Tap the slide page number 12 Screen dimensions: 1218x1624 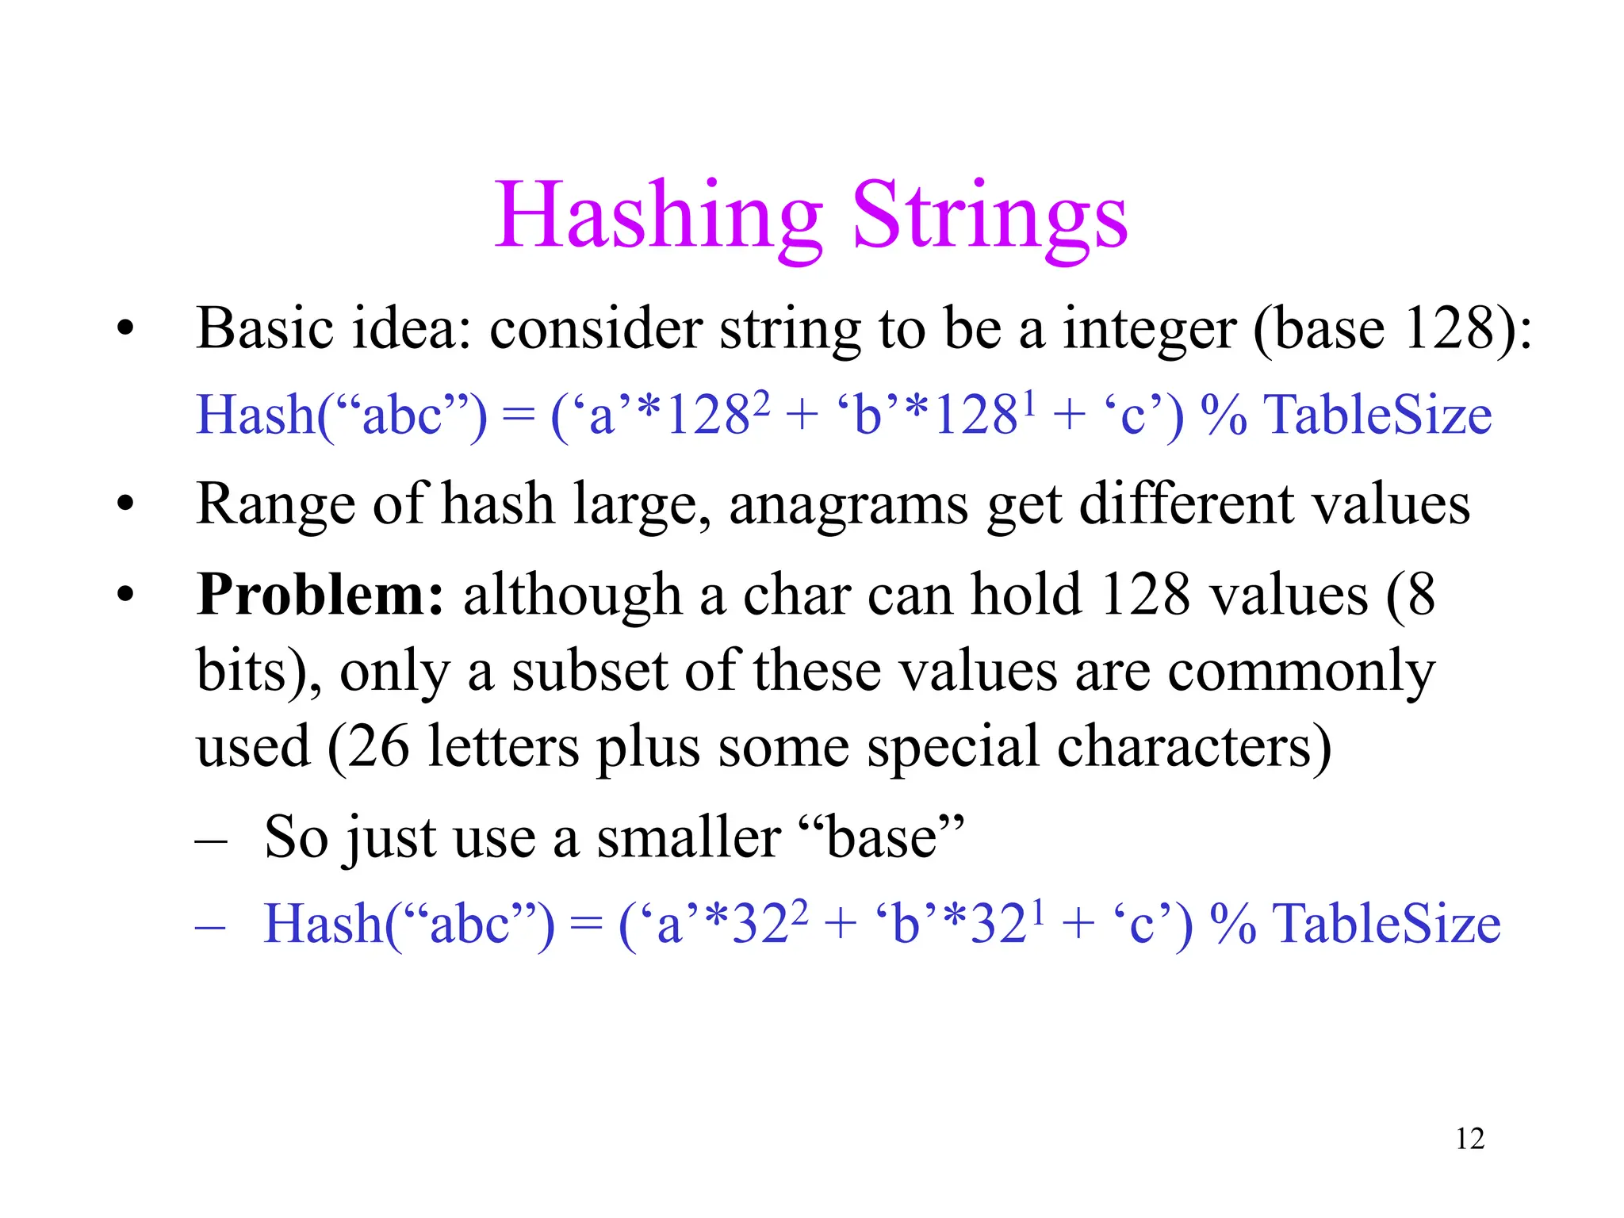click(1469, 1139)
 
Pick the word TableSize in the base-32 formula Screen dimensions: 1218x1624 click(1388, 925)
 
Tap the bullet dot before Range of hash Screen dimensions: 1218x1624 click(124, 504)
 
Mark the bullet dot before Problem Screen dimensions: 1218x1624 click(124, 595)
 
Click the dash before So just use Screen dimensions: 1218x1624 click(211, 840)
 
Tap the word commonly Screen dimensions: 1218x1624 click(1301, 671)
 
